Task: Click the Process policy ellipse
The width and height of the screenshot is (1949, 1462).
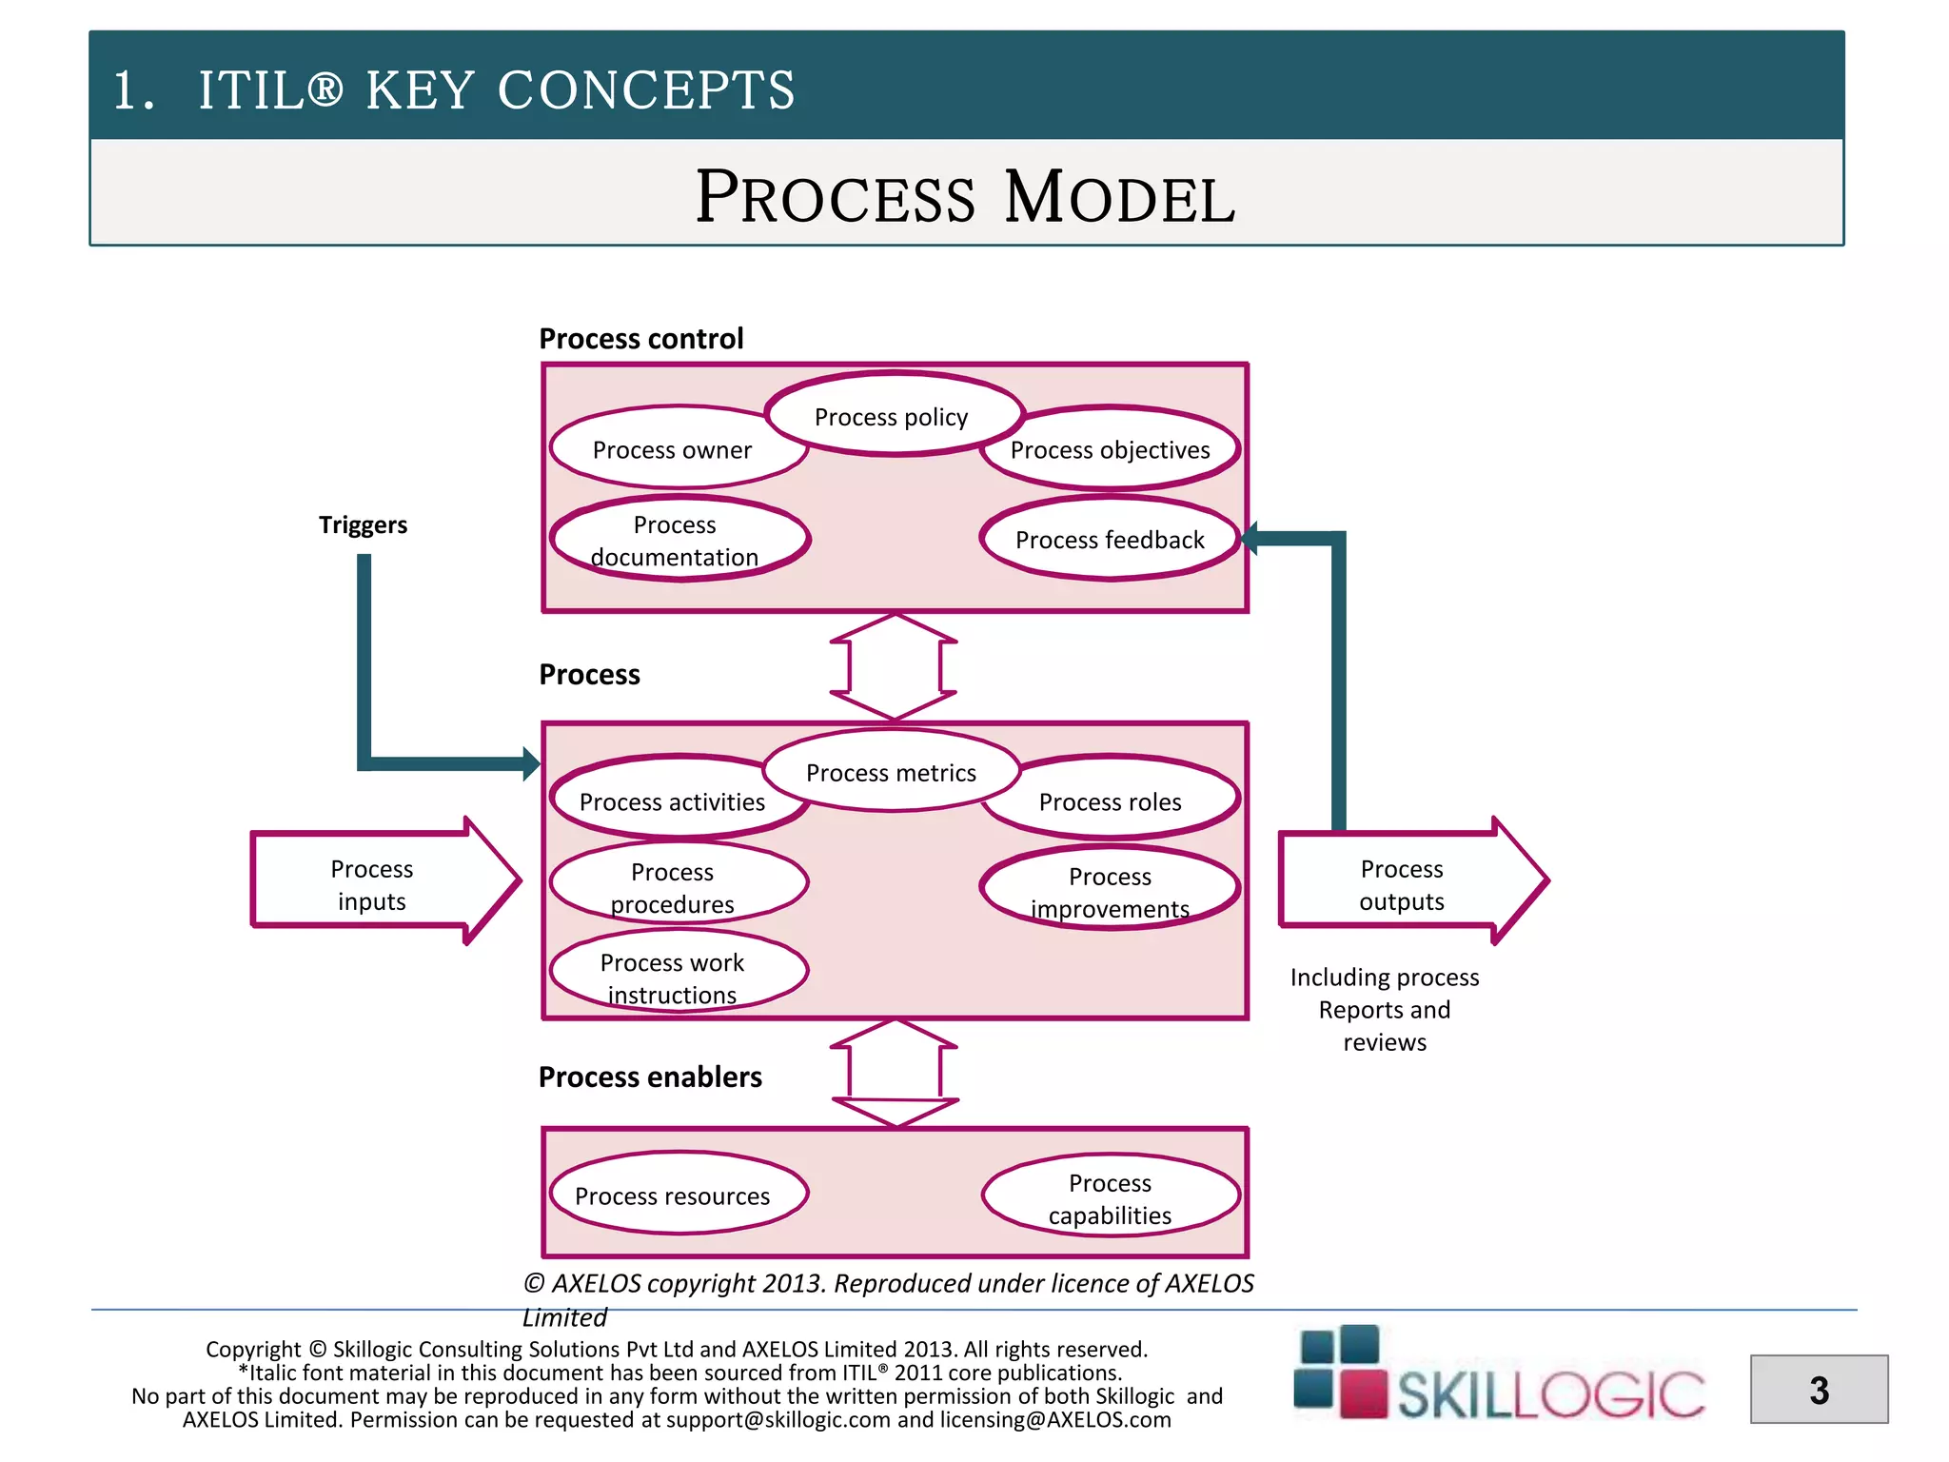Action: (893, 416)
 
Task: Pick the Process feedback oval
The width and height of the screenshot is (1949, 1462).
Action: (1110, 540)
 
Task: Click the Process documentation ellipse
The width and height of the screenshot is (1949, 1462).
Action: (676, 540)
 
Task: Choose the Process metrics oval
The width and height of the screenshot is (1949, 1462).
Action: (892, 772)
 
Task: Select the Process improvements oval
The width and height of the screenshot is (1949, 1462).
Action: (1110, 891)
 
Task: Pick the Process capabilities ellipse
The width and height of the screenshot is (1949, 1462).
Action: (1110, 1197)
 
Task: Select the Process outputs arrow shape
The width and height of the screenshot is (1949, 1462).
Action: (1402, 884)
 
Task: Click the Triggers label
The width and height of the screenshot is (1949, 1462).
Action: (363, 524)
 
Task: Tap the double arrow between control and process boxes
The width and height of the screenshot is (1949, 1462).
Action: (893, 666)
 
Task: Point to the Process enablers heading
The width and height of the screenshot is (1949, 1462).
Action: (650, 1077)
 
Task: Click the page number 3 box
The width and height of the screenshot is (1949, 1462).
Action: (1819, 1390)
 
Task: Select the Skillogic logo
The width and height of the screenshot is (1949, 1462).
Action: (1499, 1375)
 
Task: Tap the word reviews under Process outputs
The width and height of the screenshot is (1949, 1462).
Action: (1385, 1042)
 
